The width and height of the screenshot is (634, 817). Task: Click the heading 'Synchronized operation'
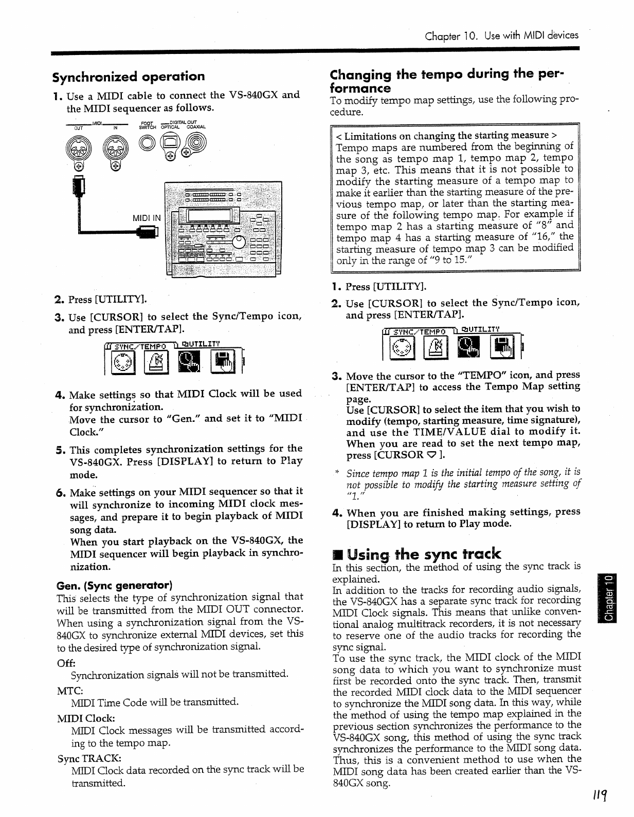click(129, 77)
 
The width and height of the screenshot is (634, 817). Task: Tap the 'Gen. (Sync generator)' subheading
click(114, 585)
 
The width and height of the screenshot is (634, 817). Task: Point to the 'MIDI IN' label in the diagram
click(147, 218)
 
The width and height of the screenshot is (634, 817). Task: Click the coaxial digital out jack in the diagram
click(196, 142)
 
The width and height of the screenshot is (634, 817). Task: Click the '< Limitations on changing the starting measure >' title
click(446, 136)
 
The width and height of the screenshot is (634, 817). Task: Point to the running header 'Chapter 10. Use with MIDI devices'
click(501, 35)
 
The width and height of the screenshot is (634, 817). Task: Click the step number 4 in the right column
click(337, 513)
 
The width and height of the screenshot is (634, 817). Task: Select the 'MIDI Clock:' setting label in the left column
click(86, 717)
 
